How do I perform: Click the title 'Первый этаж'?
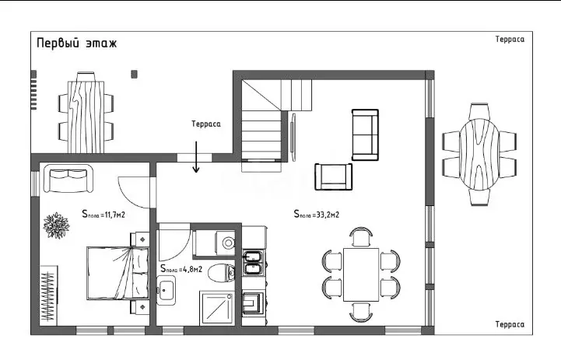[76, 44]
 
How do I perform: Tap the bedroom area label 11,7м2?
[103, 214]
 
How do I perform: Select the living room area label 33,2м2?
[316, 214]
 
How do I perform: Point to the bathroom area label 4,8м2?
[181, 269]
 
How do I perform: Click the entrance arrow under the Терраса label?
[196, 156]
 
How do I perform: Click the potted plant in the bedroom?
[56, 225]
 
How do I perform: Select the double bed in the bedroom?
[118, 273]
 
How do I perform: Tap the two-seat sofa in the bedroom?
[68, 178]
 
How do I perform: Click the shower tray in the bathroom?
[217, 308]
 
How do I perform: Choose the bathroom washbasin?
[166, 289]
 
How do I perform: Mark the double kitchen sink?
[254, 263]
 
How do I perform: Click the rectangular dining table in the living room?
[361, 274]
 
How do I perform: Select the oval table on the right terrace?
[479, 155]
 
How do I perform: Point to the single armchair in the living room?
[334, 177]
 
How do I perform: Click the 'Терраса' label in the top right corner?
[510, 40]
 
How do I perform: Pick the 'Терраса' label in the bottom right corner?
[510, 324]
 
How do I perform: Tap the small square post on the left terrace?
[134, 75]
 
